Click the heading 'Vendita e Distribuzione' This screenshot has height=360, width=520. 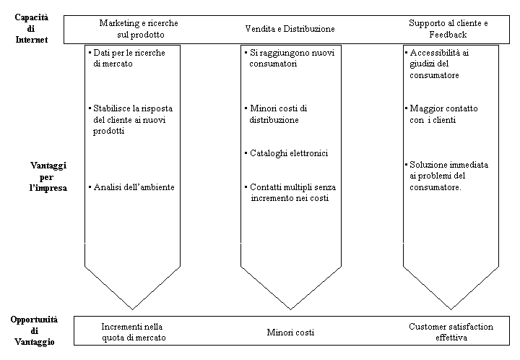tap(290, 29)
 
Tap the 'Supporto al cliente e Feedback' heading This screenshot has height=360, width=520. tap(447, 29)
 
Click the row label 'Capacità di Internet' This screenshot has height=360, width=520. tap(30, 28)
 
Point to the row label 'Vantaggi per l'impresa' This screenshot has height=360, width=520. tap(48, 177)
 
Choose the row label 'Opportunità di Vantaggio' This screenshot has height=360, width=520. tap(34, 330)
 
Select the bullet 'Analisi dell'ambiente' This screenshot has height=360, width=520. tap(134, 187)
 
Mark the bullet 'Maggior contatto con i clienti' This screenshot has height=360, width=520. tap(443, 114)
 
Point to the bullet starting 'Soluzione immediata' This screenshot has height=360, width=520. tap(447, 176)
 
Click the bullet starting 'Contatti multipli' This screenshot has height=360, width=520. tap(290, 192)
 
